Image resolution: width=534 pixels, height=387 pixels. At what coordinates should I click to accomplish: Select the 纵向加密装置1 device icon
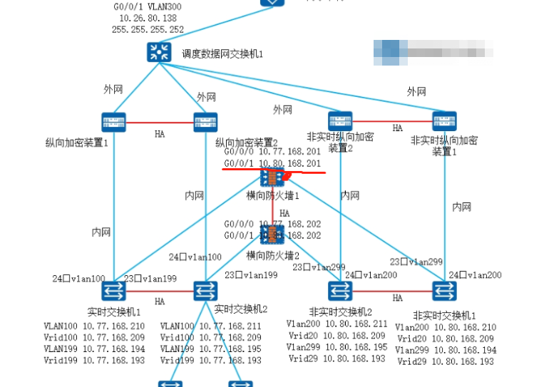point(112,121)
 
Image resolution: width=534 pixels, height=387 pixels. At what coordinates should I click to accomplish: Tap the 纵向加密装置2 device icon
point(205,121)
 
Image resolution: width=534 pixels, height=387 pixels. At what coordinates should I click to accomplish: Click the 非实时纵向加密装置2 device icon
point(341,120)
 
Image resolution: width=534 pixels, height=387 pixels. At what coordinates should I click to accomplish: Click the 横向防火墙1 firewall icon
point(272,178)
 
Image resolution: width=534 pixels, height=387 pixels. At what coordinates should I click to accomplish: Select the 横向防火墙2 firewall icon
point(272,235)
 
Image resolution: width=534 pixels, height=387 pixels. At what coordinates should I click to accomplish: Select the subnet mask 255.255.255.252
point(147,29)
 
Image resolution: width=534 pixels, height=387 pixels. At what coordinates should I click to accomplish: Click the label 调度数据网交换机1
point(218,53)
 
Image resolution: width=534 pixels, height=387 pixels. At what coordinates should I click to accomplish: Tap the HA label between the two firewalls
point(284,213)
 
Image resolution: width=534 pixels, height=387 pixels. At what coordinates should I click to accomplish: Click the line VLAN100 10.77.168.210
point(94,326)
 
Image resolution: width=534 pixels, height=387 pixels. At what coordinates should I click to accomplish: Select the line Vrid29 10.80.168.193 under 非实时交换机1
point(445,361)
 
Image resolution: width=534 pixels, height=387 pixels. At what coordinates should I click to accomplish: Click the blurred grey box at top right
point(433,51)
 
